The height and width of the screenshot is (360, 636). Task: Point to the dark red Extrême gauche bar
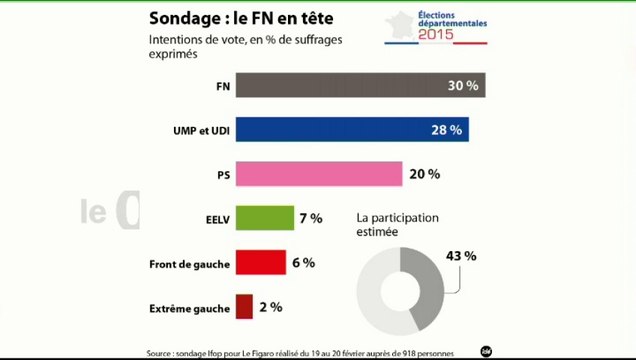pos(244,306)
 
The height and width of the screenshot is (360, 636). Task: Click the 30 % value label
pos(462,86)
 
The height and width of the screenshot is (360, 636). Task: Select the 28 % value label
pos(445,130)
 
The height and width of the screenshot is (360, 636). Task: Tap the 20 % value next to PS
pos(424,174)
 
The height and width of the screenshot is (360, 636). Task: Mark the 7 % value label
pos(309,218)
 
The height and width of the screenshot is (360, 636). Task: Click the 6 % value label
pos(303,262)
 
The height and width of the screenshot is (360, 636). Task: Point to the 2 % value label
pos(270,306)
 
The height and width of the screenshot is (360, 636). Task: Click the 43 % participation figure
pos(460,256)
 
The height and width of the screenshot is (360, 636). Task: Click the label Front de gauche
pos(190,263)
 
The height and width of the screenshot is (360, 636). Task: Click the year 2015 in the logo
pos(436,35)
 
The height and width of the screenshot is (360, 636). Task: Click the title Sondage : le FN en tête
pos(242,18)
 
